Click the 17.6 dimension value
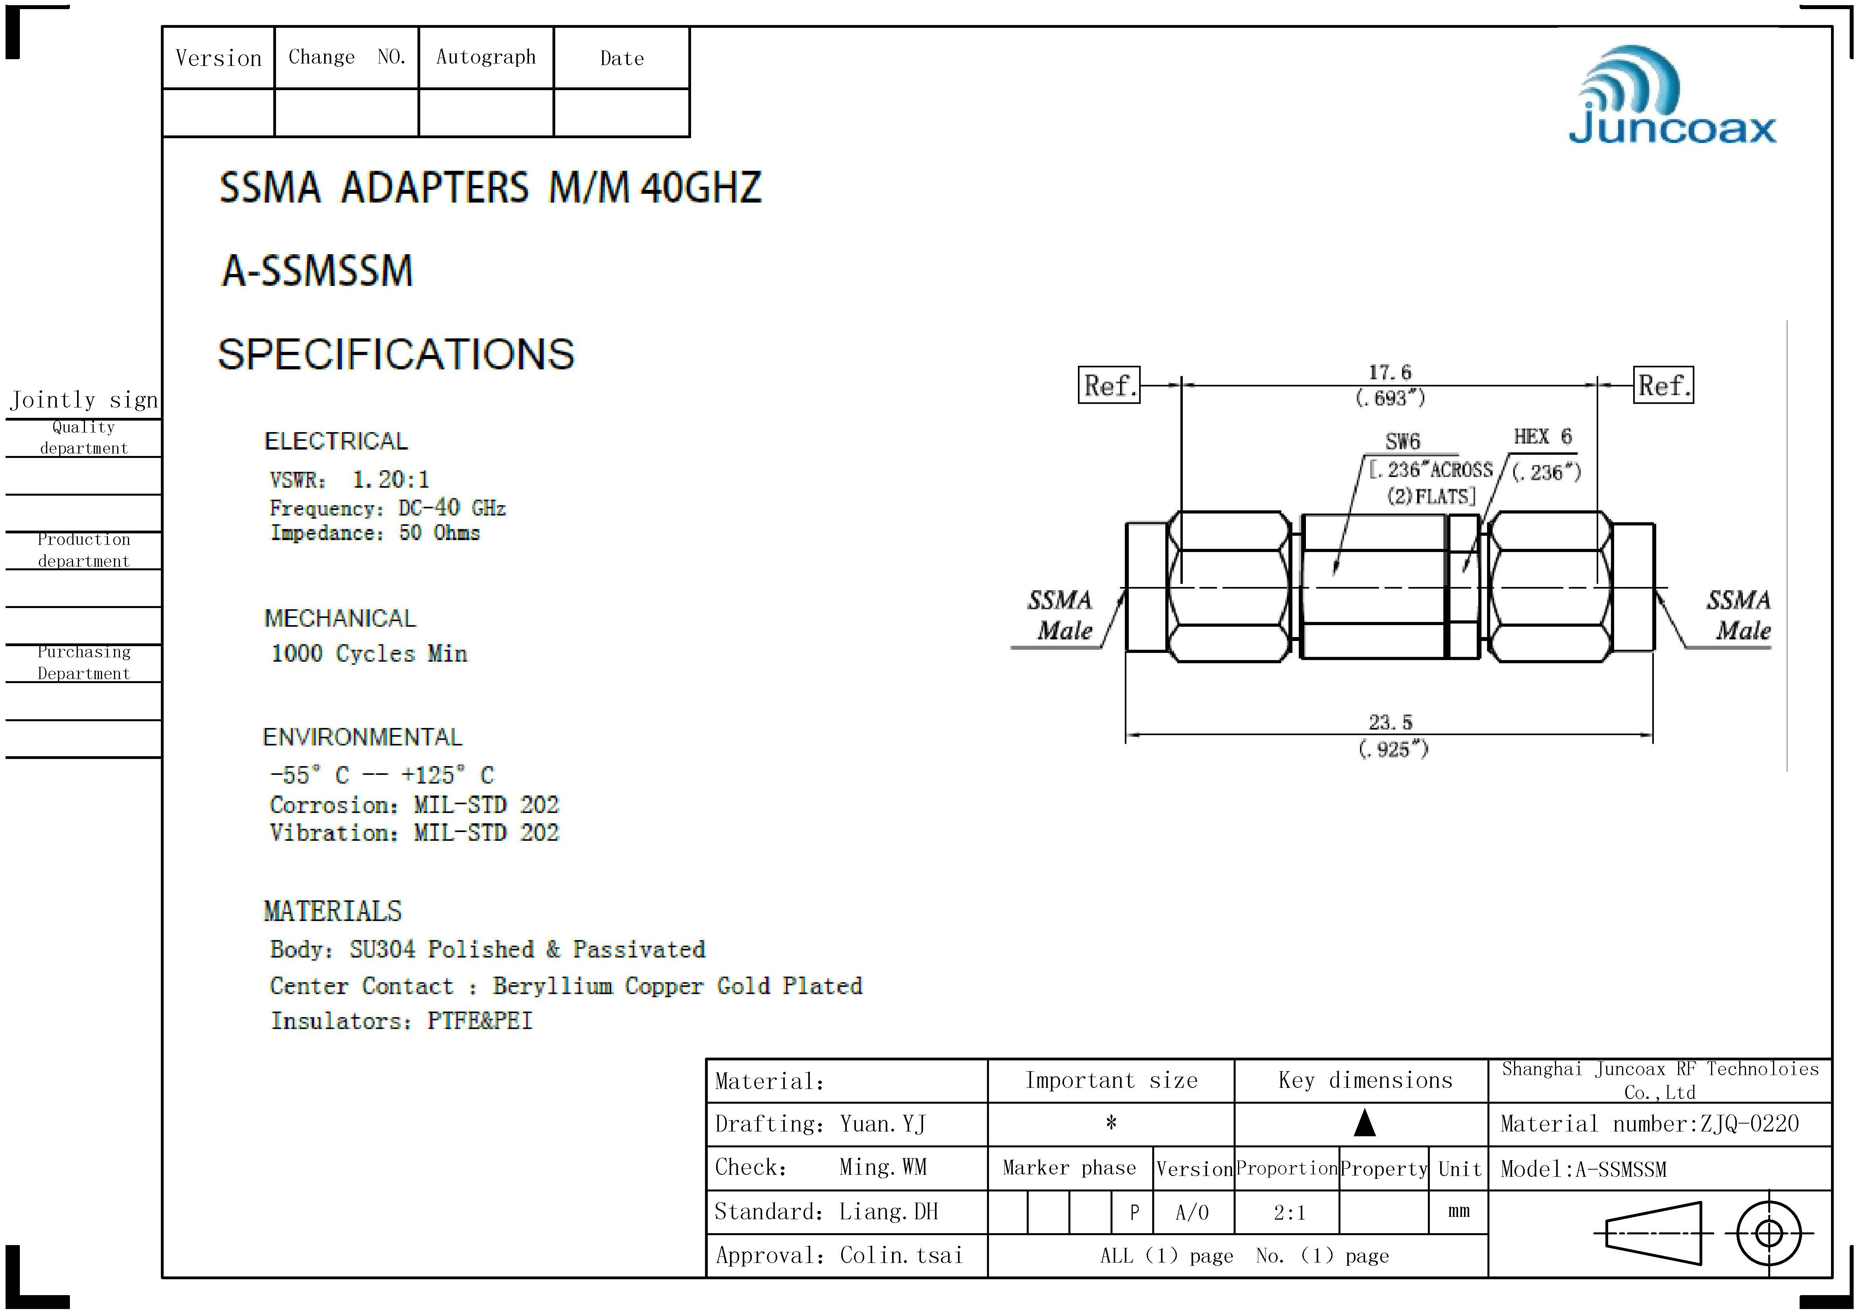tap(1389, 372)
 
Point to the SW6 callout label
tap(1402, 442)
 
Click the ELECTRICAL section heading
tap(336, 441)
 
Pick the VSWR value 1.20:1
tap(391, 480)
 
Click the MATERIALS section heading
tap(332, 912)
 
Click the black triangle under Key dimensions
tap(1365, 1123)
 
